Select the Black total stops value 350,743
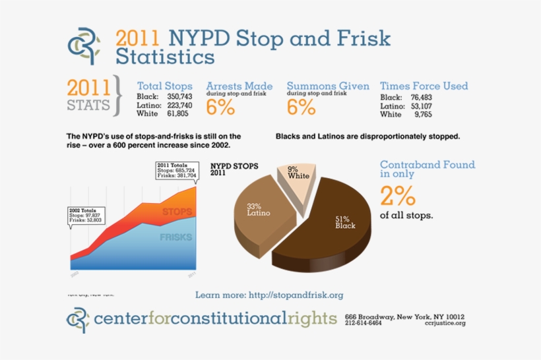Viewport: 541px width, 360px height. pyautogui.click(x=178, y=97)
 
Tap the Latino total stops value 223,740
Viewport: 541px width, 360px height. pyautogui.click(x=178, y=105)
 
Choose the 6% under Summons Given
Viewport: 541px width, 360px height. pyautogui.click(x=301, y=107)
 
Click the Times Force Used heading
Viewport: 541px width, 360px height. pyautogui.click(x=424, y=86)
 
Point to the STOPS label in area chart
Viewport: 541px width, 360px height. pyautogui.click(x=176, y=212)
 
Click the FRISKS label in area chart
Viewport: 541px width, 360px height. pyautogui.click(x=175, y=237)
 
